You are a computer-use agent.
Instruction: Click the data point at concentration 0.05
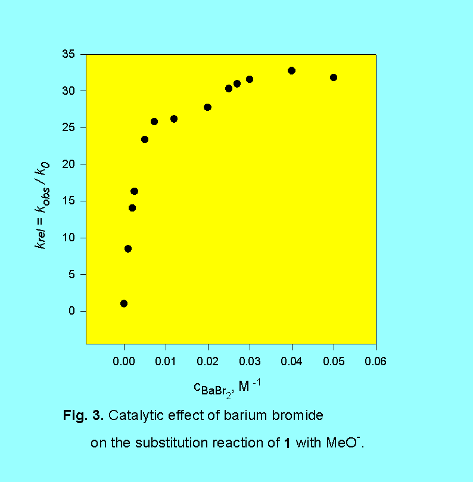pos(334,77)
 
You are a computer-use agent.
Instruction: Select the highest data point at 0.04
pos(291,70)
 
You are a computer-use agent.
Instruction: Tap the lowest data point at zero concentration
pos(124,303)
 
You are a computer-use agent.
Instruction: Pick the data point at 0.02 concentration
pos(208,107)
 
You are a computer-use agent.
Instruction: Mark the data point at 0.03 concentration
pos(250,79)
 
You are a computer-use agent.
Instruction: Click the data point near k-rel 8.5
pos(128,248)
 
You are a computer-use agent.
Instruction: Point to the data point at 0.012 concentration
pos(174,119)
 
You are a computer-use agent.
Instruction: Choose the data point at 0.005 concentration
pos(145,139)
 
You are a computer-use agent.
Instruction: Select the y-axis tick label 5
pos(73,275)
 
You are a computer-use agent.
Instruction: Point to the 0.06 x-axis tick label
pos(375,361)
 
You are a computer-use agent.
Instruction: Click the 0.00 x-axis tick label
pos(124,361)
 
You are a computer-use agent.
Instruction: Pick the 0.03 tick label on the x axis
pos(250,361)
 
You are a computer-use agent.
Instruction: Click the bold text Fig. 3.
pos(83,416)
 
